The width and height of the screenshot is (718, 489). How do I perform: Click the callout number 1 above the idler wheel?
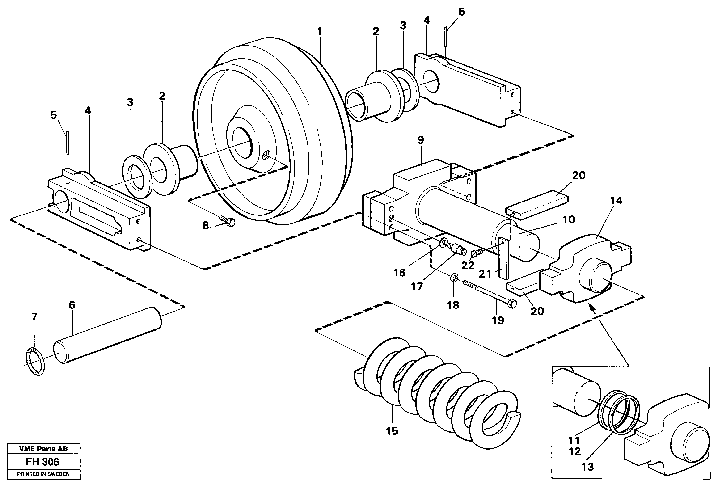pyautogui.click(x=319, y=32)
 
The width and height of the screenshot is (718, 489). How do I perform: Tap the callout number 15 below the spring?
pyautogui.click(x=392, y=431)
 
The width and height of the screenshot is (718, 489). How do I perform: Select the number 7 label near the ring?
pyautogui.click(x=34, y=317)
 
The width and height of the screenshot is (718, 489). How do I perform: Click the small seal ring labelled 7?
pyautogui.click(x=35, y=361)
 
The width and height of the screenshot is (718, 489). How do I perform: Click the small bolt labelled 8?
pyautogui.click(x=228, y=221)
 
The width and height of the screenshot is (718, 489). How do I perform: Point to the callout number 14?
pyautogui.click(x=616, y=201)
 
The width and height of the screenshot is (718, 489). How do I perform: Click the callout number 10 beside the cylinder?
pyautogui.click(x=569, y=220)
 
